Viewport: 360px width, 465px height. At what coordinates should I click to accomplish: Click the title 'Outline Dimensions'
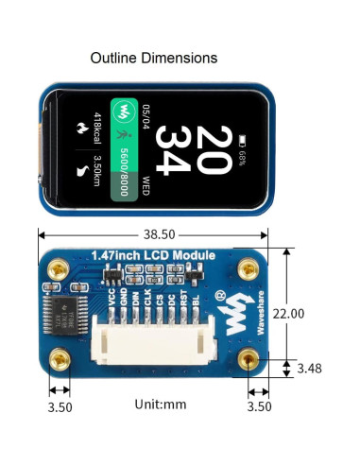(x=154, y=59)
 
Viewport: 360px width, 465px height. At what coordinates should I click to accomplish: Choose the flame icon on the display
(x=80, y=126)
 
